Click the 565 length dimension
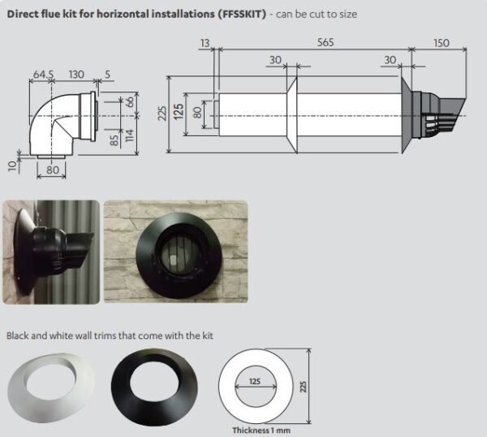point(325,42)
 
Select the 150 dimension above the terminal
point(441,42)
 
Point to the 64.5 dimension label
point(42,74)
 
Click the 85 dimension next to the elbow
point(115,139)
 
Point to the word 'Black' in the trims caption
point(18,335)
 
